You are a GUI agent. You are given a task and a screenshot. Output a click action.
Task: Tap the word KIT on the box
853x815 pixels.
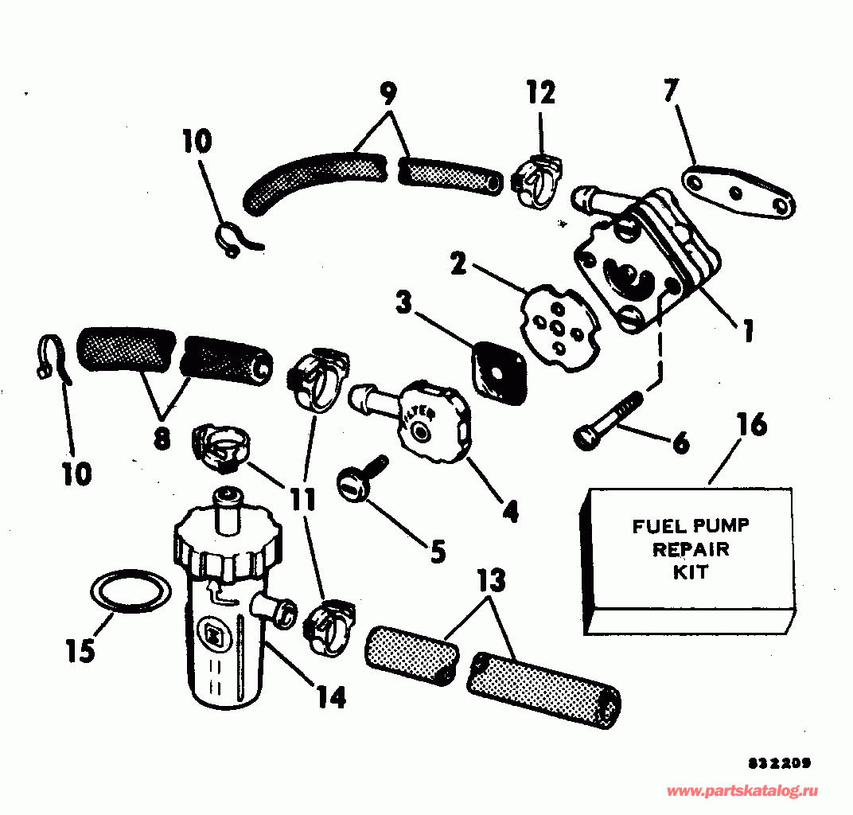point(690,572)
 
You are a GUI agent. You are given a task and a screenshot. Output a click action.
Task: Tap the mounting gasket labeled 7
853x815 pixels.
point(739,195)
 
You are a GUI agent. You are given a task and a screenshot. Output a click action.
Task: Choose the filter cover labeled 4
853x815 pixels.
point(429,419)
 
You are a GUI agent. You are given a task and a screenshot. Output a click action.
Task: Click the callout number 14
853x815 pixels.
point(330,697)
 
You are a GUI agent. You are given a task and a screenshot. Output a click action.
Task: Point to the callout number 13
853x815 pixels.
point(492,582)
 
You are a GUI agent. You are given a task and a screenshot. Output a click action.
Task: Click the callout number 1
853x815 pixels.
point(747,330)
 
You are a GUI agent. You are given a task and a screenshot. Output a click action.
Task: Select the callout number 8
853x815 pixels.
point(162,439)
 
